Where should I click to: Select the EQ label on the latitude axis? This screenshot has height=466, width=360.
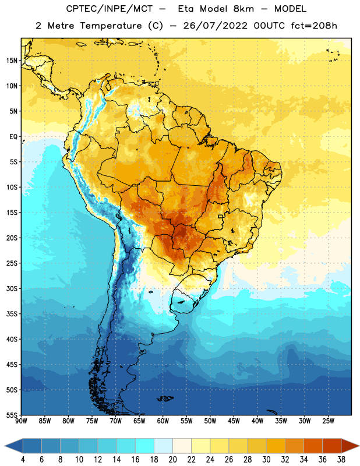coord(13,137)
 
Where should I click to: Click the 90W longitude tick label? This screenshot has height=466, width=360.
coord(21,421)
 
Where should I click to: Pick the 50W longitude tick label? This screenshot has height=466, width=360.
coord(210,421)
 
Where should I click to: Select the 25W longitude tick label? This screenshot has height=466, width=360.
coord(328,421)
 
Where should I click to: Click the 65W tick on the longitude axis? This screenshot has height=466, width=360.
coord(139,421)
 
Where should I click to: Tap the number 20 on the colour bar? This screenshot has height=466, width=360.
coord(172,460)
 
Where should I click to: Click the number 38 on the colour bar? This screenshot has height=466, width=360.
coord(341,460)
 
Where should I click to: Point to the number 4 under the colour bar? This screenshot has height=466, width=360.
coord(23,460)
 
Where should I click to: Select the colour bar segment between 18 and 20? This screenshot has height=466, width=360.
coord(164,446)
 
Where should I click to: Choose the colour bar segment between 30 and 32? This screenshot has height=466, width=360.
coord(276,446)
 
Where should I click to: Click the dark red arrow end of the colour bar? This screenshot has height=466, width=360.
coord(350,446)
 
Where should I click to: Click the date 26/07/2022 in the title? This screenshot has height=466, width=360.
coord(215,26)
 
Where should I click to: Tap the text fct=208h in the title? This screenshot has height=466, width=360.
coord(314,26)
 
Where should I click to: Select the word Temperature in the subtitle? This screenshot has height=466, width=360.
coord(111,26)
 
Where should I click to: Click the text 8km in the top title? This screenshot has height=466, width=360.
coord(243,9)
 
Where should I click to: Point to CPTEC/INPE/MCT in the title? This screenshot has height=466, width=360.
coord(110,9)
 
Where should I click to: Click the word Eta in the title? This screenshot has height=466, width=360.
coord(185,9)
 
